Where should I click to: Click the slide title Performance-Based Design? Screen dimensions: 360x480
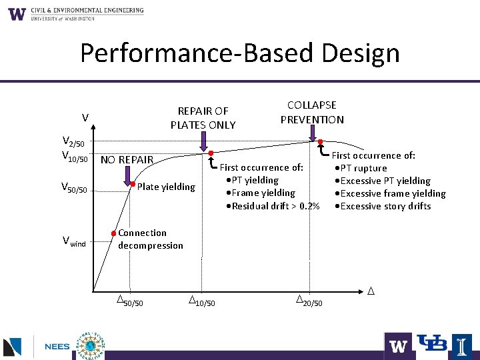[240, 53]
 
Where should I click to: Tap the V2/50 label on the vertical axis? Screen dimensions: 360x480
[73, 142]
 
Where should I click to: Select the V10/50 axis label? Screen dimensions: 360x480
[73, 156]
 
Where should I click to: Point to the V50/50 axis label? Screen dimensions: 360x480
[74, 189]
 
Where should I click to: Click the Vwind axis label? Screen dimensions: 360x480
[74, 242]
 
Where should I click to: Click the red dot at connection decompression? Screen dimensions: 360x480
[115, 233]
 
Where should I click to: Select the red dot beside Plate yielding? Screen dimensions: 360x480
[133, 184]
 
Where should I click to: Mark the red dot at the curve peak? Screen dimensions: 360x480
[320, 142]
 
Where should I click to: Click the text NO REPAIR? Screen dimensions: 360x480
[127, 160]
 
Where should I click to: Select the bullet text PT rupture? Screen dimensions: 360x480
[365, 168]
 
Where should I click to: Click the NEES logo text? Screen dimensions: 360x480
[57, 347]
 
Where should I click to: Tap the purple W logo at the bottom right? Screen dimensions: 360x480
[398, 346]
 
